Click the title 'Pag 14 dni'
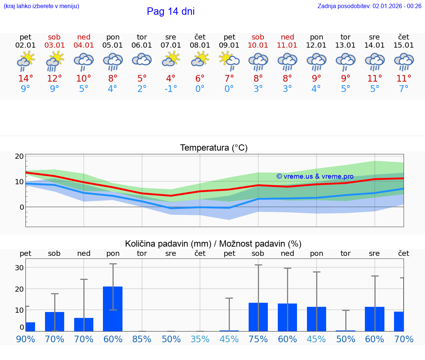click(x=170, y=11)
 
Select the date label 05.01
click(x=113, y=45)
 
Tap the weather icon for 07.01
click(x=171, y=59)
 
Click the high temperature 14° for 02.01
click(x=25, y=78)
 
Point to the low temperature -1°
click(x=170, y=89)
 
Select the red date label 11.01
click(x=287, y=45)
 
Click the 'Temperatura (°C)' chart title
click(x=214, y=148)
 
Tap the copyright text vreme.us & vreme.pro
click(x=315, y=176)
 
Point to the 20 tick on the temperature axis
click(x=19, y=156)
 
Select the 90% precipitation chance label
click(x=25, y=339)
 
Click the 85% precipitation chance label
click(x=142, y=339)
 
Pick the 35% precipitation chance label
click(x=200, y=339)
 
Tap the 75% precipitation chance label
click(x=258, y=339)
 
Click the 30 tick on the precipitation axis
click(x=19, y=268)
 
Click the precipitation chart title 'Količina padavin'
click(x=213, y=244)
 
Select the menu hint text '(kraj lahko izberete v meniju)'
click(x=41, y=6)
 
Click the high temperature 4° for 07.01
click(x=170, y=78)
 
